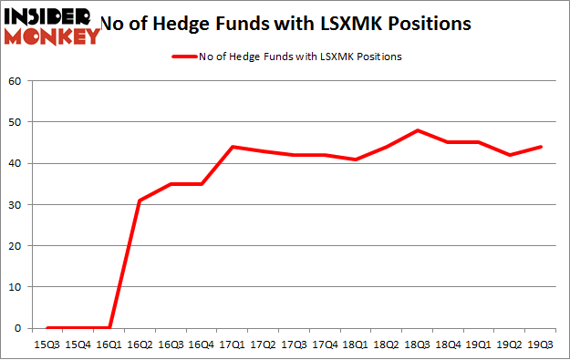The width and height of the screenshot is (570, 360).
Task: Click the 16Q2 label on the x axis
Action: point(140,345)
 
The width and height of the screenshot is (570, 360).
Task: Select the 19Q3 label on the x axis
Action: point(540,345)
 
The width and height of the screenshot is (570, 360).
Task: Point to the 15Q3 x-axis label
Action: point(48,345)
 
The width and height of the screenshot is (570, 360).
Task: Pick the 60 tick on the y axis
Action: point(15,80)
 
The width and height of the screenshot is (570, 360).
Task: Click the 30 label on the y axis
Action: point(15,204)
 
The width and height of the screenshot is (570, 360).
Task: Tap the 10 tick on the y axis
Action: point(15,287)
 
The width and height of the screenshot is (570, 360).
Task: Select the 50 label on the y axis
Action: point(15,122)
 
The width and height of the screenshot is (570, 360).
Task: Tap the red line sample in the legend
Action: point(186,57)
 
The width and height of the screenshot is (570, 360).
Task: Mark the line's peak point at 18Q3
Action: point(417,130)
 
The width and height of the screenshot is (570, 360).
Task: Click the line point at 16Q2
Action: point(140,201)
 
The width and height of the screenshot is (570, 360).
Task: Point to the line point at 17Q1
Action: point(233,147)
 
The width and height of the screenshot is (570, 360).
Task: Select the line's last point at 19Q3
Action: point(540,147)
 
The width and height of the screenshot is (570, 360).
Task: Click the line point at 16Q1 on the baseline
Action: point(109,328)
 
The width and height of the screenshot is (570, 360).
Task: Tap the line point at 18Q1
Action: point(356,159)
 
